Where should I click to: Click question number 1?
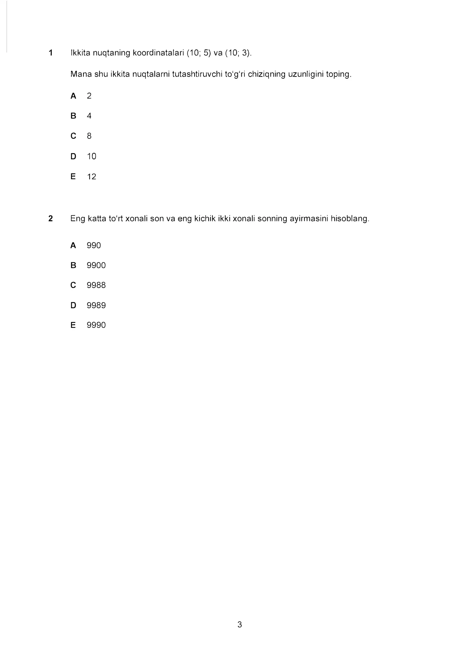click(51, 53)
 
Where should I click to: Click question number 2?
click(50, 218)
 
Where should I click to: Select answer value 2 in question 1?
click(89, 96)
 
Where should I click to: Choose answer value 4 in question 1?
click(89, 116)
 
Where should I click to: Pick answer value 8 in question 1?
click(89, 136)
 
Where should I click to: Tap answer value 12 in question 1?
click(91, 177)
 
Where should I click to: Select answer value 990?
click(94, 245)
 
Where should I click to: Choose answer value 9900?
click(96, 265)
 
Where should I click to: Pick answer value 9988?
click(96, 285)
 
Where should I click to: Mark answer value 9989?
click(96, 305)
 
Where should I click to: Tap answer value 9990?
click(96, 325)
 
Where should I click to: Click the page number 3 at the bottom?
click(240, 625)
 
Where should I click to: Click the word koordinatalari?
click(158, 53)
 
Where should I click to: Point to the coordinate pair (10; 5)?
click(199, 53)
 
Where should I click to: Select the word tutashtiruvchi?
click(197, 74)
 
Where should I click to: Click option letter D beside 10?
click(73, 156)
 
